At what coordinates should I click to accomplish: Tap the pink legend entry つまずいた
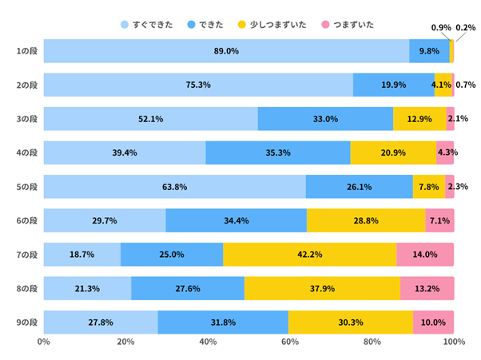[348, 25]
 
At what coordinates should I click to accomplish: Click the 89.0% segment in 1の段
[226, 51]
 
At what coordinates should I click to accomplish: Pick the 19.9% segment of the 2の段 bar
[393, 85]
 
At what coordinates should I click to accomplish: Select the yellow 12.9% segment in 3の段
[419, 119]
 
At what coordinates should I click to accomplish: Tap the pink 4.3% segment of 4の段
[445, 152]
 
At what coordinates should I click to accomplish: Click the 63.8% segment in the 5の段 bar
[174, 187]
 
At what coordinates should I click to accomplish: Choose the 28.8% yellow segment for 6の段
[365, 220]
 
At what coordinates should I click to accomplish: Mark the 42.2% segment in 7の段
[309, 255]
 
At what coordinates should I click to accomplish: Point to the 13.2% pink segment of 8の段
[427, 288]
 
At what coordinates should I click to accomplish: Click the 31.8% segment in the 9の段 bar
[223, 322]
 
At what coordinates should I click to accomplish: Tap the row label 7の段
[27, 255]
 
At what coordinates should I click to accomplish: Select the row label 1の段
[27, 51]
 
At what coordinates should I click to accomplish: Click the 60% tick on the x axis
[289, 342]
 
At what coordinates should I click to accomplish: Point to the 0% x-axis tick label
[44, 342]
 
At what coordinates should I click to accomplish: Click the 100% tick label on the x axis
[453, 342]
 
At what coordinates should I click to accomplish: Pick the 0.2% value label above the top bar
[465, 28]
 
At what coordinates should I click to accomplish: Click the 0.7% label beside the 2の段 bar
[466, 85]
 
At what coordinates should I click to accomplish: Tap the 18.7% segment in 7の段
[82, 255]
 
